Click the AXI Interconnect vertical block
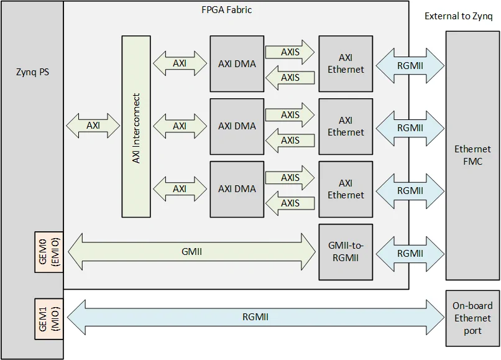click(136, 127)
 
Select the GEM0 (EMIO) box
click(49, 251)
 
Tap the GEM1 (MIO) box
click(49, 317)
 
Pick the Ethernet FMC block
click(472, 155)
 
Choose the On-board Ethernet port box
click(472, 318)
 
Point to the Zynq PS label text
click(32, 72)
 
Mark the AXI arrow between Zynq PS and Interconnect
click(93, 126)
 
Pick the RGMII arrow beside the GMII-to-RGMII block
click(409, 253)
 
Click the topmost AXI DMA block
click(237, 63)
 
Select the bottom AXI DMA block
click(237, 189)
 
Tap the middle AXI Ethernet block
click(346, 126)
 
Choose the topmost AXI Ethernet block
click(346, 63)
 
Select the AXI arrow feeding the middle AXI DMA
click(179, 126)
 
